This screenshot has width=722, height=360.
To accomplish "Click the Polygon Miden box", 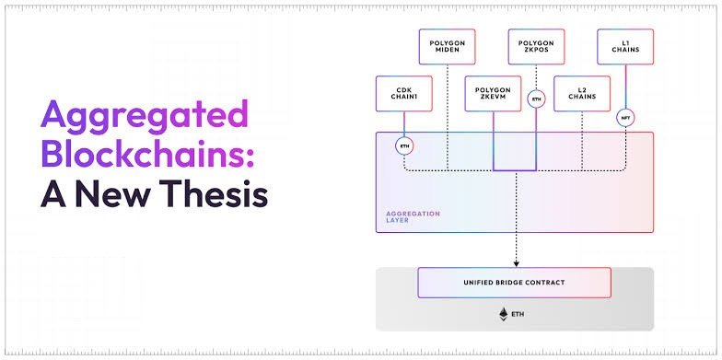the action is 448,46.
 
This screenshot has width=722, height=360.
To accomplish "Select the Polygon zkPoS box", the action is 536,46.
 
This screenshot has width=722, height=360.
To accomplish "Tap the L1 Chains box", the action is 625,46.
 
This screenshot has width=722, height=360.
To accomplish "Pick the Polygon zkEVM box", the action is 493,94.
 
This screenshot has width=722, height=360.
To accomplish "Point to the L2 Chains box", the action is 581,94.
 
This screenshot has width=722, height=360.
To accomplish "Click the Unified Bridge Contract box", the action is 514,283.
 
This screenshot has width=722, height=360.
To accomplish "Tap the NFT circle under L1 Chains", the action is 625,118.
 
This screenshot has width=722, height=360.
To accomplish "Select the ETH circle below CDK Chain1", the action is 403,145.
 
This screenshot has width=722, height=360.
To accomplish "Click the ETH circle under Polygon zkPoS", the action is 536,98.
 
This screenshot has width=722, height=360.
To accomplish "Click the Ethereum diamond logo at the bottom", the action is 503,314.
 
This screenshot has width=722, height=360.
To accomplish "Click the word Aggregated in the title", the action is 144,117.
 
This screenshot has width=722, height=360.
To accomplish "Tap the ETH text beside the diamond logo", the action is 519,314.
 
